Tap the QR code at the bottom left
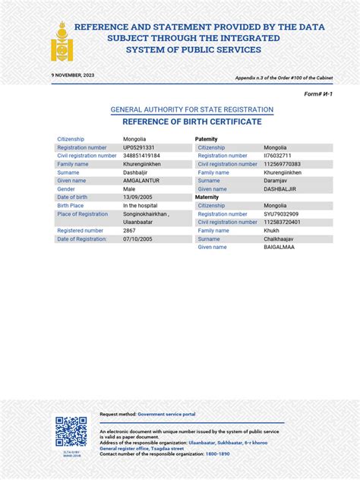click(x=70, y=431)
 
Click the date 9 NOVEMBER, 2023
click(x=73, y=76)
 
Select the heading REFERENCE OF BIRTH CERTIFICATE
click(x=192, y=122)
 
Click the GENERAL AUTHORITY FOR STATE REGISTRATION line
click(x=192, y=110)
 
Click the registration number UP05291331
click(x=139, y=147)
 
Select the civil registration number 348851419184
click(x=141, y=156)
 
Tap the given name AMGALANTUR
click(x=141, y=181)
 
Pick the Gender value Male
click(x=130, y=189)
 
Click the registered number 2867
click(x=130, y=230)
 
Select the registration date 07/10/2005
click(x=137, y=239)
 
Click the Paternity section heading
click(x=207, y=139)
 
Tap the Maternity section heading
click(x=207, y=197)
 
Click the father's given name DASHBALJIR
click(x=280, y=189)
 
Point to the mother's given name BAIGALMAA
click(x=280, y=247)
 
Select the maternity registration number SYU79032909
click(x=281, y=214)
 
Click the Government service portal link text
click(x=166, y=414)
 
